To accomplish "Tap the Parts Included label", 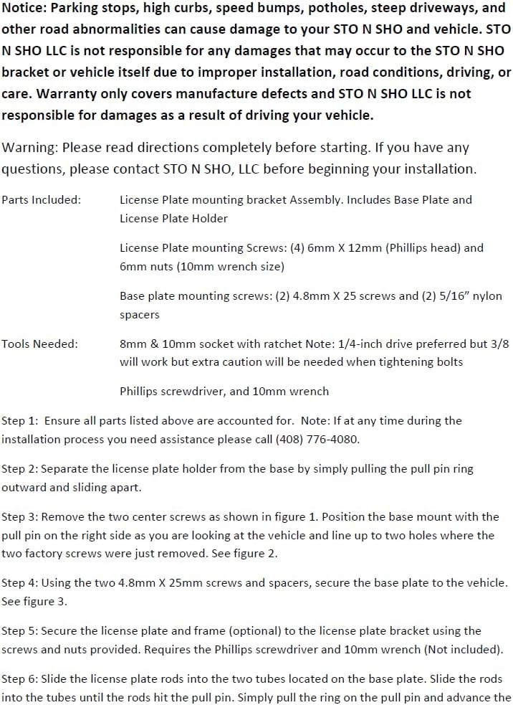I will tap(41, 200).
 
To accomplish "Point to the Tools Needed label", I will tap(39, 344).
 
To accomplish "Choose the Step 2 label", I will tap(19, 469).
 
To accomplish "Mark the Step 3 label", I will tap(19, 517).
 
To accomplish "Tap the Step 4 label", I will tap(19, 582).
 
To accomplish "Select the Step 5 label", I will tap(19, 631).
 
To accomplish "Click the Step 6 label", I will tap(19, 678).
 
